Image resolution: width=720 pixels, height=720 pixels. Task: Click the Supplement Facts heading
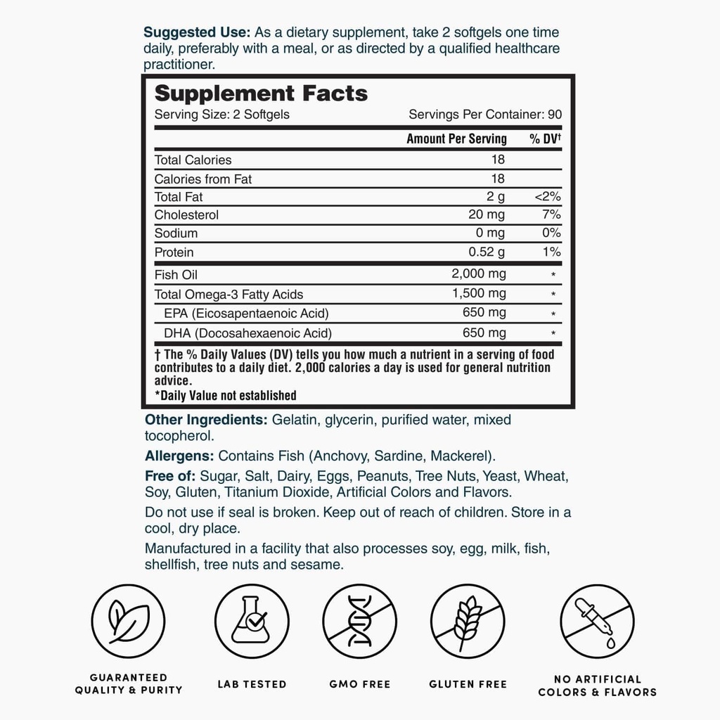tap(261, 94)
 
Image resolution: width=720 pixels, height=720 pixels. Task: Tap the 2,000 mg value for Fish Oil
tap(478, 274)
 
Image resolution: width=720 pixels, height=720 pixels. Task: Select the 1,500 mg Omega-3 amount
tap(478, 294)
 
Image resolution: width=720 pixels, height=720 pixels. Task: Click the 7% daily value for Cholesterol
tap(552, 215)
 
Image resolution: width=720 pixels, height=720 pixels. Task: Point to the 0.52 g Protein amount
tap(487, 252)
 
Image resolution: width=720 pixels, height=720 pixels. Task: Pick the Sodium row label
tap(176, 233)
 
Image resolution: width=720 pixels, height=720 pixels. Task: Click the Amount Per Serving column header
tap(456, 139)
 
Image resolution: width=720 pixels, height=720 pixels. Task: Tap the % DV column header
tap(545, 139)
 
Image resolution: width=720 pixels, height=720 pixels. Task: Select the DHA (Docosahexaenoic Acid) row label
tap(248, 333)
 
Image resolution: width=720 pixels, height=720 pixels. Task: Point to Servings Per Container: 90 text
tap(485, 115)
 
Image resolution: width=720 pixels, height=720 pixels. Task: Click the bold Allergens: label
tap(180, 456)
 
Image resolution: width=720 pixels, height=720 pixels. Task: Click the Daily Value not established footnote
tap(225, 395)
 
